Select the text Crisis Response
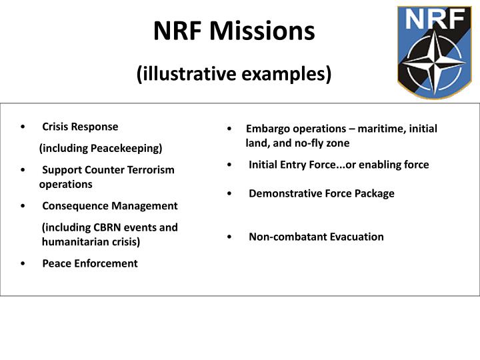click(80, 127)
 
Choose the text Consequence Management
click(110, 206)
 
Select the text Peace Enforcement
click(90, 263)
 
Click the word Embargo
click(265, 129)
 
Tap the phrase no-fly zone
click(319, 143)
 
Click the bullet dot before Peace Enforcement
click(23, 264)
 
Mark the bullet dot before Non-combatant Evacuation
click(229, 237)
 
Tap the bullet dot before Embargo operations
click(229, 129)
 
